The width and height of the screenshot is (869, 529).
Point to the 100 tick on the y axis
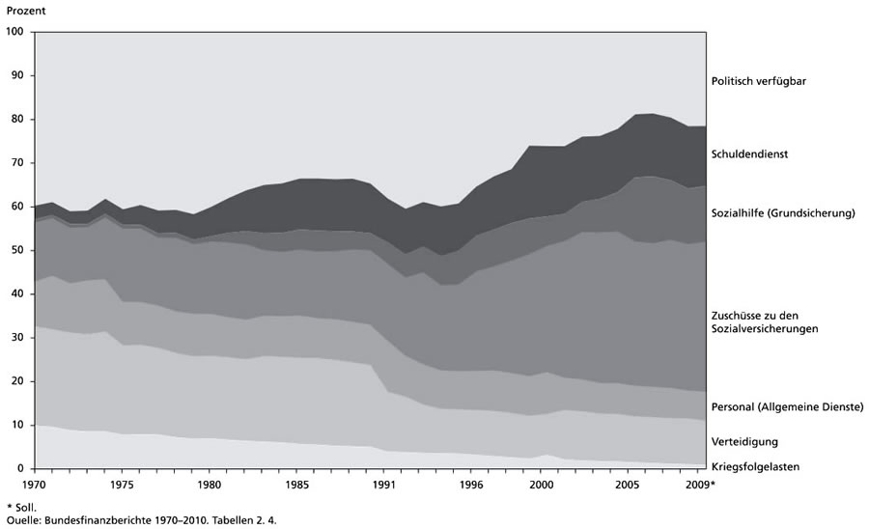(14, 32)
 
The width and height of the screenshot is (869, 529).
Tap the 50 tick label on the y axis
(17, 250)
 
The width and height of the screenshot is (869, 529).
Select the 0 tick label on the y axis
(20, 469)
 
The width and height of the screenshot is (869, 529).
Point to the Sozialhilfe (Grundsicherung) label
(783, 212)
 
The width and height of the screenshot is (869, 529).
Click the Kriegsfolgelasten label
(755, 467)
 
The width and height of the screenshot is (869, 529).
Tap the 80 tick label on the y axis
(17, 119)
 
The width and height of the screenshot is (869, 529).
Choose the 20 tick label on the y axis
(17, 381)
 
